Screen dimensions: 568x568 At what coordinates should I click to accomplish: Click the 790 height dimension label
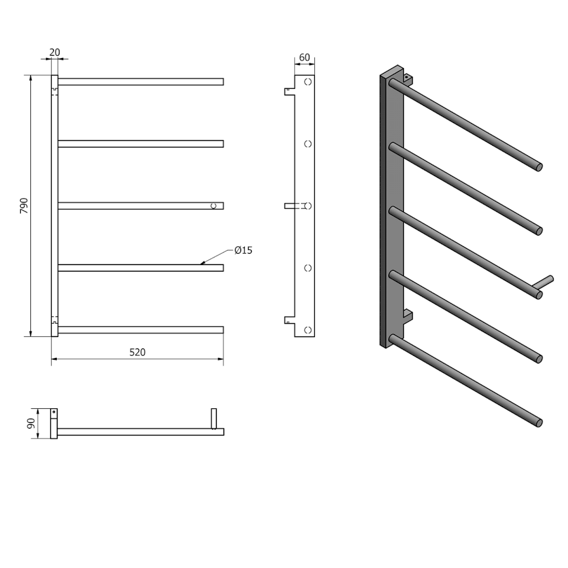[x=24, y=205]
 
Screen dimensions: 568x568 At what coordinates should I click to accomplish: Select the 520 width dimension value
[x=138, y=352]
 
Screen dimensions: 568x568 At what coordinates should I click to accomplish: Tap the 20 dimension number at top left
[x=54, y=52]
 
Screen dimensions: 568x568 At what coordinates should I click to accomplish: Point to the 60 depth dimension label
[x=305, y=57]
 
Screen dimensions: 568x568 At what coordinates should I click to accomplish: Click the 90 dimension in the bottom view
[x=31, y=423]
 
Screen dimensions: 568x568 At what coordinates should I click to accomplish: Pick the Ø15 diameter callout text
[x=244, y=250]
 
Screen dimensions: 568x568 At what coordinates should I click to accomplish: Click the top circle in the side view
[x=308, y=82]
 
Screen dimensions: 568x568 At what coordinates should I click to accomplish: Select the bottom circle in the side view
[x=308, y=330]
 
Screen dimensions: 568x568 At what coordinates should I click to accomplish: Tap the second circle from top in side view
[x=308, y=144]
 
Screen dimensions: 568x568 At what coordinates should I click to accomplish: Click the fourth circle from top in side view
[x=308, y=268]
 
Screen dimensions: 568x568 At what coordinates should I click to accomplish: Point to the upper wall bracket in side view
[x=290, y=92]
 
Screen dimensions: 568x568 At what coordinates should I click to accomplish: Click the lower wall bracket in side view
[x=290, y=320]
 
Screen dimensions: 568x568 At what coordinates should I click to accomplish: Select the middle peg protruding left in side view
[x=290, y=206]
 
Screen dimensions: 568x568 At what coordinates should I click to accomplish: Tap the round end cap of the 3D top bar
[x=540, y=167]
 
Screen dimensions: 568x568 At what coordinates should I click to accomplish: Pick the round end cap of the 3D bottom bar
[x=540, y=423]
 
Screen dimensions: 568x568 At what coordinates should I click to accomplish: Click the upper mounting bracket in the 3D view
[x=408, y=80]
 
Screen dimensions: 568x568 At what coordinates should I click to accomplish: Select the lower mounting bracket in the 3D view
[x=408, y=316]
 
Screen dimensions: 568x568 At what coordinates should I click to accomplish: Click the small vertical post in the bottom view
[x=214, y=419]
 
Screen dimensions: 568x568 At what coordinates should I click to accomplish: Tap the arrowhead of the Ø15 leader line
[x=203, y=263]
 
